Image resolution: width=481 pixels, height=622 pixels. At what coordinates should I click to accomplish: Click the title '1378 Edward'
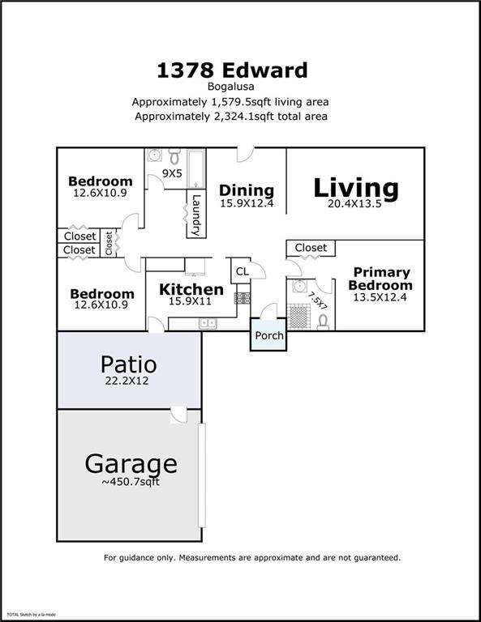[232, 70]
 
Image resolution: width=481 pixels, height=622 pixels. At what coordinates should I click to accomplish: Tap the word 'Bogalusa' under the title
[232, 88]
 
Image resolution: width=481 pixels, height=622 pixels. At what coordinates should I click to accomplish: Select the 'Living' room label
[356, 187]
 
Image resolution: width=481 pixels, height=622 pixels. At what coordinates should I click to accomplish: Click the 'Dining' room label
[247, 190]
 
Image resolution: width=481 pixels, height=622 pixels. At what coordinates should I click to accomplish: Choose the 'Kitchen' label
[191, 289]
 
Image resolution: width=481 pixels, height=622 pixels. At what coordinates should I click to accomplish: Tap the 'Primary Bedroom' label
[380, 279]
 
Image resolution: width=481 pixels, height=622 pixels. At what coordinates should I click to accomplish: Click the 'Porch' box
[269, 335]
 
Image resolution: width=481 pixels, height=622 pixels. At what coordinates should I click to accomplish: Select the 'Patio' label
[128, 364]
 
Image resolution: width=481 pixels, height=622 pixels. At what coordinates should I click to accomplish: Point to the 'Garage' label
[131, 464]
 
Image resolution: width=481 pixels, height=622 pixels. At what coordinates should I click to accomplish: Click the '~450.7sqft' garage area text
[131, 483]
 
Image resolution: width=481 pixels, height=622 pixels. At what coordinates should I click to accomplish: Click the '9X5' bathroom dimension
[172, 173]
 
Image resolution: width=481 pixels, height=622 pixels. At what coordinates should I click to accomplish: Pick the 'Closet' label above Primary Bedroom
[311, 248]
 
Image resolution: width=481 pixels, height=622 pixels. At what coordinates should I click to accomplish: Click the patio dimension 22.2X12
[128, 381]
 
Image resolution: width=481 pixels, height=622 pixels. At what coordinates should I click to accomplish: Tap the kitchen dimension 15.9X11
[191, 302]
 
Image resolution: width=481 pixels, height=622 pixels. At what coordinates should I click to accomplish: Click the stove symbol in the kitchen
[242, 297]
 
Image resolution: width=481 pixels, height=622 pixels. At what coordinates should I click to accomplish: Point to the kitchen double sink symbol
[208, 324]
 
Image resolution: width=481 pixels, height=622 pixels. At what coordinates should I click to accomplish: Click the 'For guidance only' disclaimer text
[251, 557]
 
